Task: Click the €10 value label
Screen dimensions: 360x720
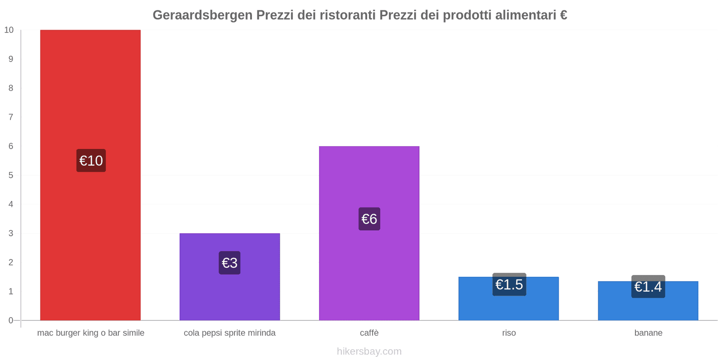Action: (91, 161)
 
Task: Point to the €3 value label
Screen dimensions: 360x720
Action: (229, 263)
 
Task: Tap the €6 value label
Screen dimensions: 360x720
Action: (369, 219)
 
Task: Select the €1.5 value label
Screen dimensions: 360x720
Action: (509, 284)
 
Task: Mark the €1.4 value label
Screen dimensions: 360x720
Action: (648, 287)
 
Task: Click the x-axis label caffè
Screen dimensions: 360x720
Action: (369, 333)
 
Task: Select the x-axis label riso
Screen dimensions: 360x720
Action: (509, 333)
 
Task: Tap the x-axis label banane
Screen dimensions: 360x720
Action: (648, 333)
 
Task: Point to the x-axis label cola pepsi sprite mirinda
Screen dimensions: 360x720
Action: (229, 333)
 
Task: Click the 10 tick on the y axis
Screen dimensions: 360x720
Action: (9, 30)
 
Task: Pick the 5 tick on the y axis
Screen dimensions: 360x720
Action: (11, 175)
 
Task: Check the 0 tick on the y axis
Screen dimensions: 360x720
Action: (11, 320)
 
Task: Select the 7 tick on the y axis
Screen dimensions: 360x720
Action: (11, 117)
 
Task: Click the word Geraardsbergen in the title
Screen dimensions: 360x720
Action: (202, 15)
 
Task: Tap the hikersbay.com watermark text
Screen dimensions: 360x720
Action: (369, 351)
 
